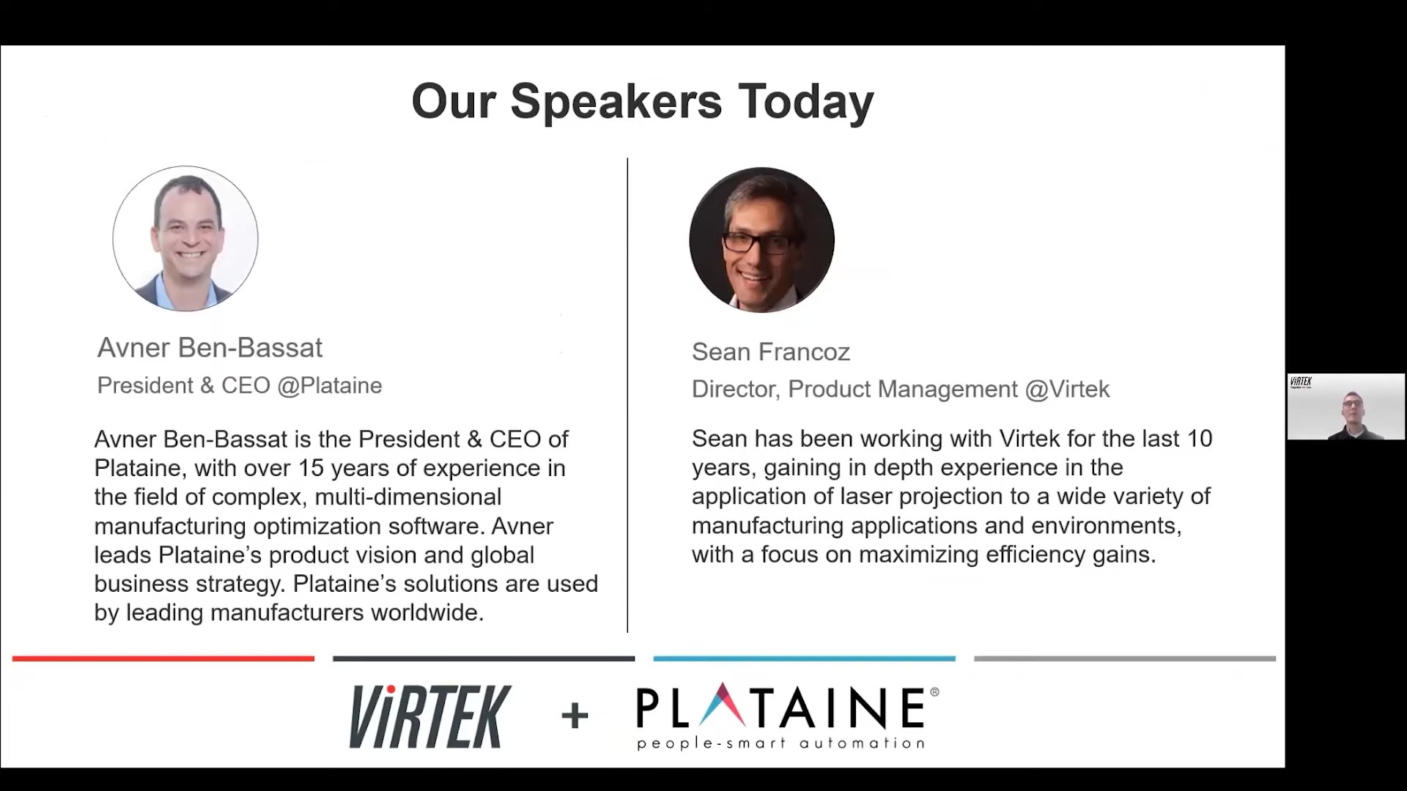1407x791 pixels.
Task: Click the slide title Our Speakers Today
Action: tap(643, 102)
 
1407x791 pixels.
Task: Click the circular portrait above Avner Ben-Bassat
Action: tap(185, 239)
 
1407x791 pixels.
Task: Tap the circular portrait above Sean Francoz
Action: tap(762, 239)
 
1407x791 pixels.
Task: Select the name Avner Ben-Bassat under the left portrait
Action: tap(210, 348)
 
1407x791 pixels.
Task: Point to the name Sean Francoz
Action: tap(771, 352)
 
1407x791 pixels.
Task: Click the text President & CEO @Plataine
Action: tap(240, 386)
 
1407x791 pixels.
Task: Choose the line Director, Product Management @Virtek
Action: tap(901, 390)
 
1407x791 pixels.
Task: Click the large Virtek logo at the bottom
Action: tap(430, 716)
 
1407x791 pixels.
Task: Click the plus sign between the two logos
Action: tap(575, 715)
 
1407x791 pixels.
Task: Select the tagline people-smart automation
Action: tap(780, 743)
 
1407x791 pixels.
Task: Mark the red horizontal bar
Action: tap(163, 658)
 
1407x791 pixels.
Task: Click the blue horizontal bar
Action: tap(805, 658)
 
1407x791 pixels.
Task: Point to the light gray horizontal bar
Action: tap(1125, 658)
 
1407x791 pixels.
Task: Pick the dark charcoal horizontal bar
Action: tap(484, 658)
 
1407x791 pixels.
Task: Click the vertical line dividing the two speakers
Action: tap(627, 395)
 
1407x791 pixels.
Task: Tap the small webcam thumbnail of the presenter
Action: tap(1346, 406)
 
